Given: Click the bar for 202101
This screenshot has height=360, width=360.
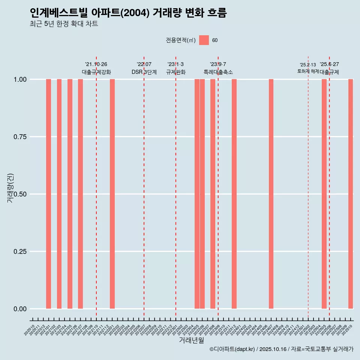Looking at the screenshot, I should (48, 194).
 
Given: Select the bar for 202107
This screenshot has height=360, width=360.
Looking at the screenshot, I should (80, 194).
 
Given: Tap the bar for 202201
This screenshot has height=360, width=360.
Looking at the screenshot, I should (112, 194).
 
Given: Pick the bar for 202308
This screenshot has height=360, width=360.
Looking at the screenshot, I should (213, 194).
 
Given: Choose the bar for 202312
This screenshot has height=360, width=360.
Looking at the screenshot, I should (234, 194).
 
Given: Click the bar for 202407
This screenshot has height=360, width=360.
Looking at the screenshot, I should (271, 194).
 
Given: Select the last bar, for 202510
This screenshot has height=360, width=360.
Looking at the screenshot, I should (351, 194).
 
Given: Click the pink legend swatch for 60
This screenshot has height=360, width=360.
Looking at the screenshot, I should (204, 40).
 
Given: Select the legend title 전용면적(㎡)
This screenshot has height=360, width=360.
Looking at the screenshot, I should (180, 40).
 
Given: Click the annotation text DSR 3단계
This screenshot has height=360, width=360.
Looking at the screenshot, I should (144, 72).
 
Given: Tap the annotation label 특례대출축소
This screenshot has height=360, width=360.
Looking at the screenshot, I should (218, 72).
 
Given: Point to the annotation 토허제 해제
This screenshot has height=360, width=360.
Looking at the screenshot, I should (308, 71).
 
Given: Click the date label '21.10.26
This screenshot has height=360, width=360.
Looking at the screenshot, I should (96, 64).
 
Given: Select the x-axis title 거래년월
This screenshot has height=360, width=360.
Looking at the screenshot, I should (192, 340).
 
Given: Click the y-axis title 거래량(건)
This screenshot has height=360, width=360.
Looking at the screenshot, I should (10, 188).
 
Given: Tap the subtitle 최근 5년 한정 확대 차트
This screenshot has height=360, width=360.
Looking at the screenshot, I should (64, 24).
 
